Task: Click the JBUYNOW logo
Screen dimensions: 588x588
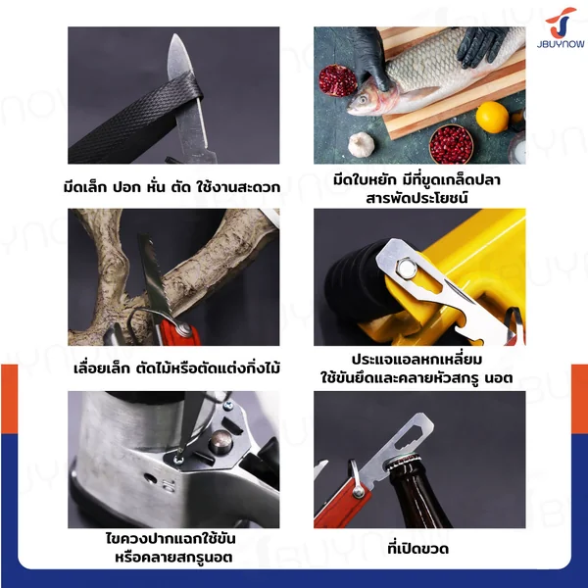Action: tap(561, 27)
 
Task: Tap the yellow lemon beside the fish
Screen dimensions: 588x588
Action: tap(492, 117)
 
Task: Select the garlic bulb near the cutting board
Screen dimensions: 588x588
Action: tap(362, 144)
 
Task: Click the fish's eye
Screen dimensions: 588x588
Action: tap(363, 100)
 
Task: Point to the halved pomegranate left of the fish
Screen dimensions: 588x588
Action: tap(337, 80)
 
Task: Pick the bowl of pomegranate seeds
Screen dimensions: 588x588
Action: tap(451, 144)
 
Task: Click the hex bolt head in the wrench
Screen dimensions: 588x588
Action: tap(405, 268)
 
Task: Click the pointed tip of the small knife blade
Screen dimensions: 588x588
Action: tap(175, 34)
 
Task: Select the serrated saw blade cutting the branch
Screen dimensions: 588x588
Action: tap(155, 274)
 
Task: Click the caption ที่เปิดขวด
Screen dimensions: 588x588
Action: tap(418, 549)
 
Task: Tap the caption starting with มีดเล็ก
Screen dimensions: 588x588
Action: tap(171, 186)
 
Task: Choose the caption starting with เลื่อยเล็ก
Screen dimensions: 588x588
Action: tap(176, 367)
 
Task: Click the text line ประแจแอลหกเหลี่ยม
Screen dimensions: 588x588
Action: tap(417, 360)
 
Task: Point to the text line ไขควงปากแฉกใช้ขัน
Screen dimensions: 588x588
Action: tap(171, 538)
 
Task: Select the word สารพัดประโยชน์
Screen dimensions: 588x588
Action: tap(417, 198)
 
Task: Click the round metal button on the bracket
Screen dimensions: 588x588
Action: tap(220, 442)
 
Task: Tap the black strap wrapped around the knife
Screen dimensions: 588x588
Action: tap(134, 118)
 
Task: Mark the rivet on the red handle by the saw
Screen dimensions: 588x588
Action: tap(184, 329)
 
